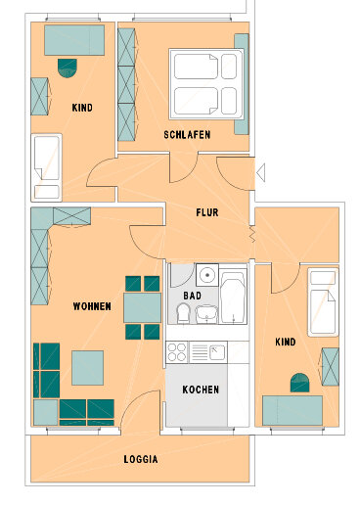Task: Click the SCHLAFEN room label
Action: (187, 135)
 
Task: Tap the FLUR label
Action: (207, 212)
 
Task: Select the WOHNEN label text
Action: (92, 306)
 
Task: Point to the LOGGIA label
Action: (141, 459)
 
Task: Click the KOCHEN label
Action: (201, 390)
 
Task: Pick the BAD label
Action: (192, 296)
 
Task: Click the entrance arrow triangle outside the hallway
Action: (261, 172)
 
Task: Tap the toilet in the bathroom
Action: (183, 313)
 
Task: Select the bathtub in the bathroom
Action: (233, 296)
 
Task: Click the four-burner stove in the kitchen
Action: (177, 352)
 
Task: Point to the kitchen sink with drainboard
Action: (208, 352)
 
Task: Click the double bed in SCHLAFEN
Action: (206, 84)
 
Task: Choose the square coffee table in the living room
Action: (88, 368)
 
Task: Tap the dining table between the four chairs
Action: (143, 307)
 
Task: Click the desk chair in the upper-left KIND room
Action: (67, 68)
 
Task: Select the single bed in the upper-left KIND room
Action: (47, 167)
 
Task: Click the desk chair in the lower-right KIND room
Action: (299, 383)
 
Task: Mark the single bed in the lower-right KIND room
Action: (323, 302)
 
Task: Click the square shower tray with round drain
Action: (207, 275)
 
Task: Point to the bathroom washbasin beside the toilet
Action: (206, 314)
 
